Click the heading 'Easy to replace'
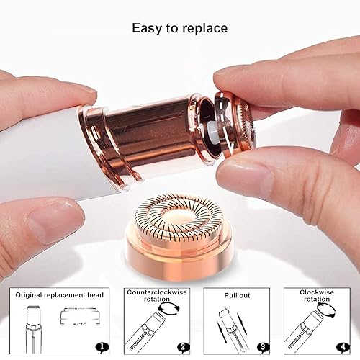click(179, 29)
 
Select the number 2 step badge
click(184, 346)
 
